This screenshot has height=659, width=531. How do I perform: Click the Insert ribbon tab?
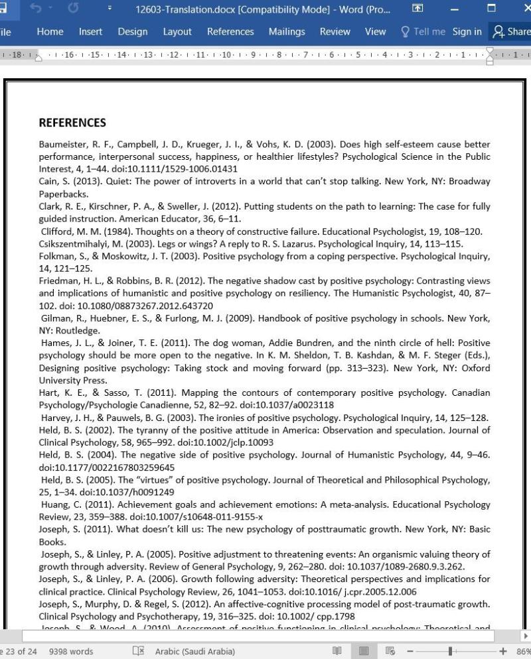click(90, 32)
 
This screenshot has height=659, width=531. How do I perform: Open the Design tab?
click(133, 32)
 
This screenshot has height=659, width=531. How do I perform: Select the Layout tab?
click(177, 32)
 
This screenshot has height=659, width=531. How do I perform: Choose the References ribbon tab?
click(230, 32)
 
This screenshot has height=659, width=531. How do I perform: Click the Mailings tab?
click(287, 32)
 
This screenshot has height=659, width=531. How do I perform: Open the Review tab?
click(335, 32)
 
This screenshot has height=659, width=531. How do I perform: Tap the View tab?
click(375, 32)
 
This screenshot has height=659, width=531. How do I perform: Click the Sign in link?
click(467, 32)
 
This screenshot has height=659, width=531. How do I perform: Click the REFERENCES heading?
click(72, 123)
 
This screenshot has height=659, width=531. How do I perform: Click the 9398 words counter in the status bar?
click(71, 651)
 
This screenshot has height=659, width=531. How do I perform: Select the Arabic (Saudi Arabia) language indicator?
click(194, 651)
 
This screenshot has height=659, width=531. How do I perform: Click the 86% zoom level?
click(522, 651)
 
